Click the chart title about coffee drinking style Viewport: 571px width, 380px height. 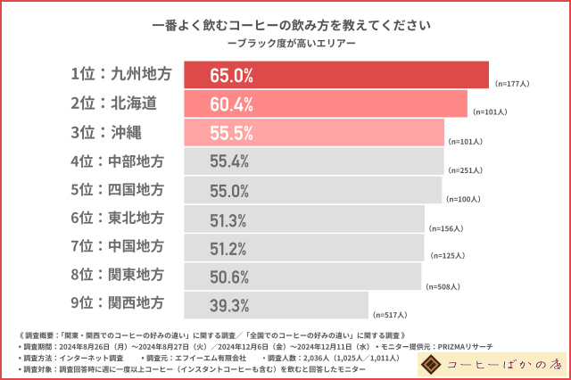pos(285,25)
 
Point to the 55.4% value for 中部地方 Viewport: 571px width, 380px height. pos(229,162)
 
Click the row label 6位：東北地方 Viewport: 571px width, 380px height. pos(117,219)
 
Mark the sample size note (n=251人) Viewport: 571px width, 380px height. pos(466,169)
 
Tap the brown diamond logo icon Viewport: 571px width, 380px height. pos(433,364)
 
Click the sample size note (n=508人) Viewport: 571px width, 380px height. pos(442,285)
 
